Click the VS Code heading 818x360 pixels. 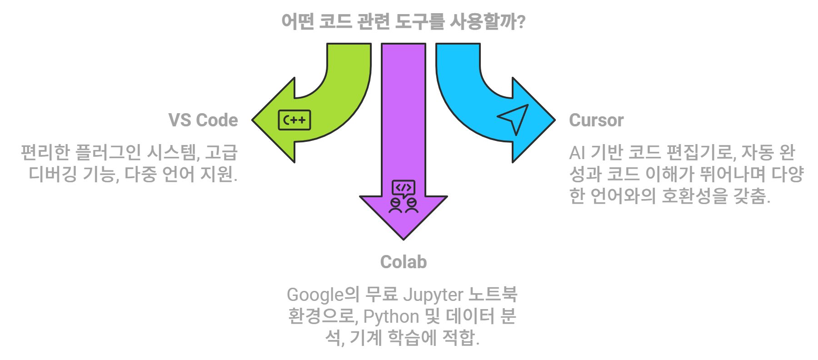click(x=203, y=120)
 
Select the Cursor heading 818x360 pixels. click(x=596, y=120)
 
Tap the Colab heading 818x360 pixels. click(x=403, y=262)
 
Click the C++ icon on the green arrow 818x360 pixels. click(x=294, y=120)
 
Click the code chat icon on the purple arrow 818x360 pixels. click(x=403, y=197)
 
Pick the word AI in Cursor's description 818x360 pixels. click(x=577, y=153)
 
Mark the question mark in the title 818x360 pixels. click(x=521, y=21)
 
